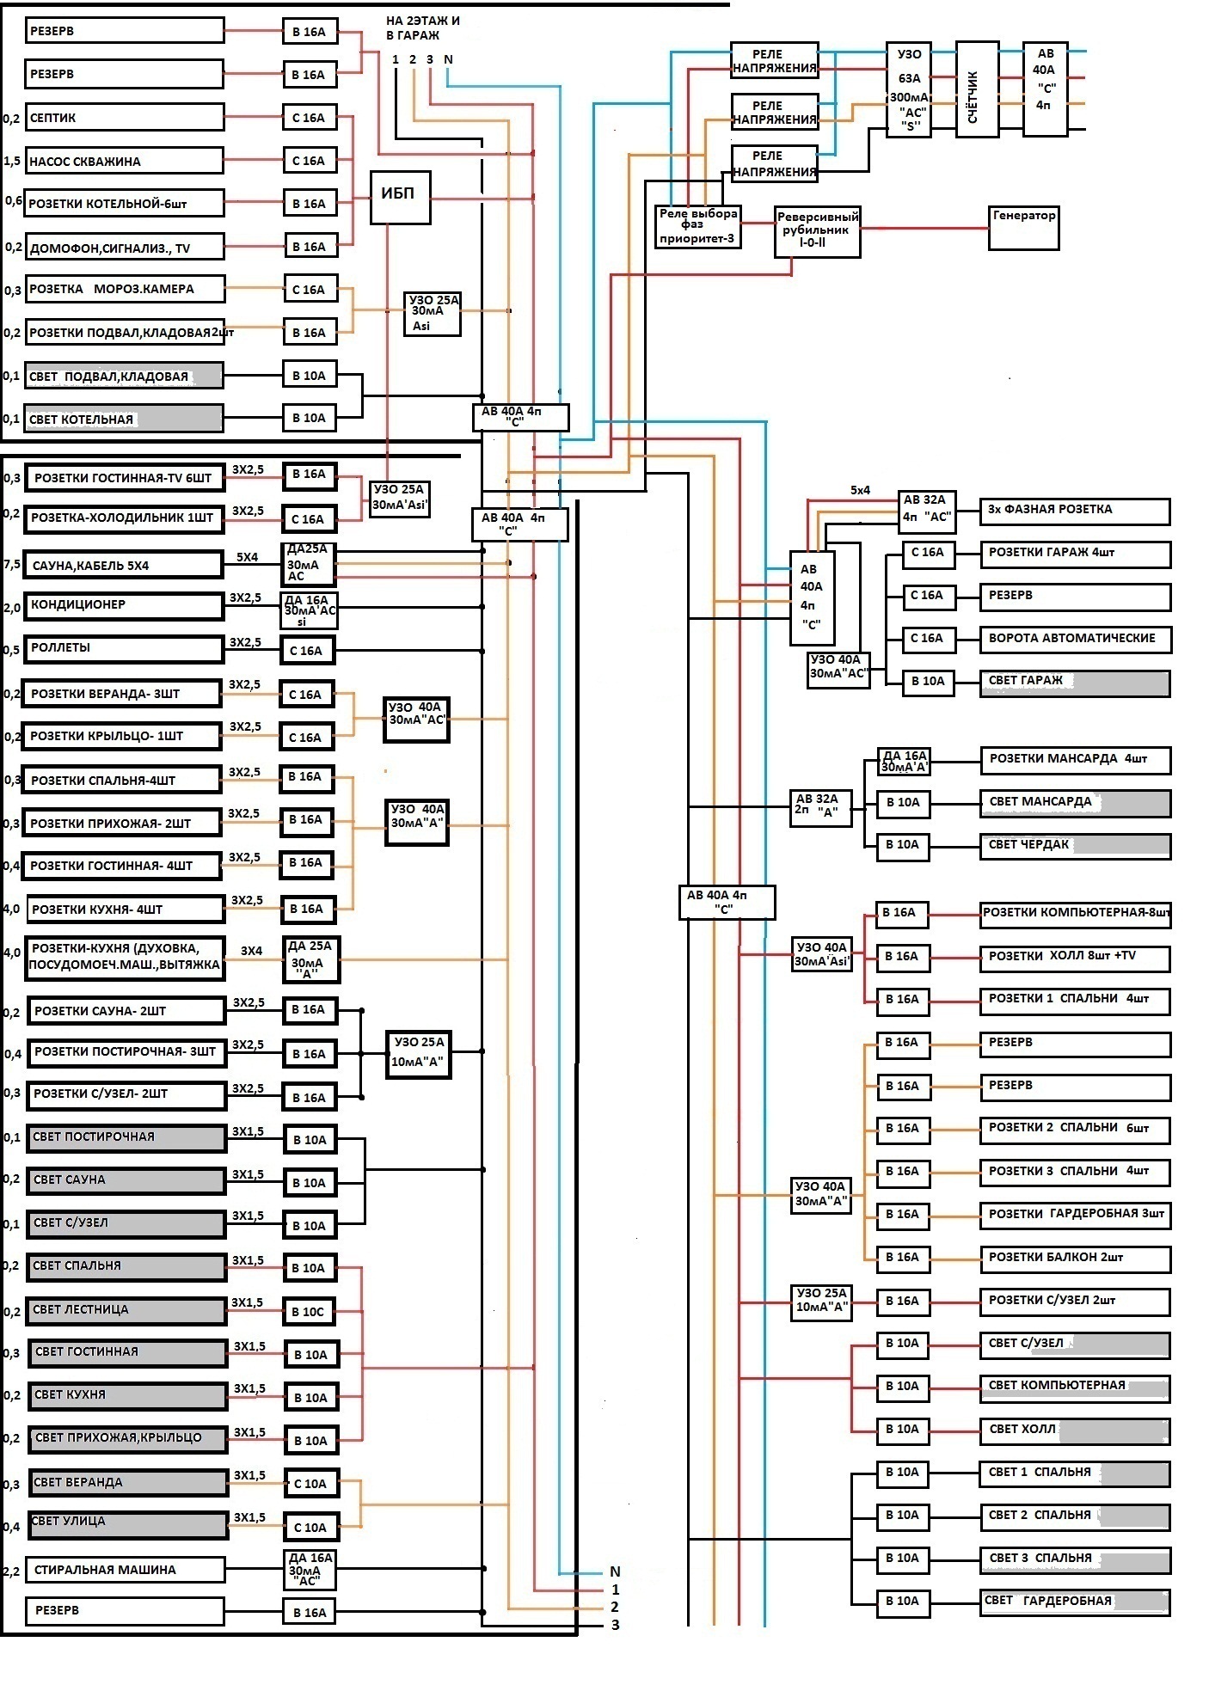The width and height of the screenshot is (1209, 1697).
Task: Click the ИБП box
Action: pos(400,197)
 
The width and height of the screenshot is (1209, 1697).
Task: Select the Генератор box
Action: pos(1022,227)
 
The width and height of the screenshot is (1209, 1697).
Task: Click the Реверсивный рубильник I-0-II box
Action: pos(817,231)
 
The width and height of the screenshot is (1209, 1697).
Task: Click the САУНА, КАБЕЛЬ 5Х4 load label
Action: pos(123,565)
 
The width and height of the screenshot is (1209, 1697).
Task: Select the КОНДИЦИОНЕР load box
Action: pos(123,605)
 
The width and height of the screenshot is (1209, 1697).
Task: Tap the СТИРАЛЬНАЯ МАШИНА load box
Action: pos(125,1570)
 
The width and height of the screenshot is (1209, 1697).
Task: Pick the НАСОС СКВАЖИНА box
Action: pos(124,161)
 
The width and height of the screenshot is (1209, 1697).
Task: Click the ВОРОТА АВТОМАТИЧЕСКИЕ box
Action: pos(1075,639)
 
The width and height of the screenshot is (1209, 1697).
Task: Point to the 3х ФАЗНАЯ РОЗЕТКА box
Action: pos(1075,510)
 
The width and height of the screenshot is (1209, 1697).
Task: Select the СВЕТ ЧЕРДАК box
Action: pos(1075,845)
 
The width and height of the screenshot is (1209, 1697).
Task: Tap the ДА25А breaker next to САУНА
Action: pos(308,563)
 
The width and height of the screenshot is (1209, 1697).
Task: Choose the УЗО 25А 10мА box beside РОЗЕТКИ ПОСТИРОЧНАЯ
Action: pos(418,1052)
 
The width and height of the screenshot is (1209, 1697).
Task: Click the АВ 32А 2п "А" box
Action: pos(820,806)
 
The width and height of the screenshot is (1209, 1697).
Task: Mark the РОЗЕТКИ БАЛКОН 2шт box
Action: pos(1075,1258)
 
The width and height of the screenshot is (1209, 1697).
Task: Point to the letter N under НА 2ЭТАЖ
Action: pos(448,59)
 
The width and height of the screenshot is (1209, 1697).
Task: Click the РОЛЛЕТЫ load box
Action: pos(123,649)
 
